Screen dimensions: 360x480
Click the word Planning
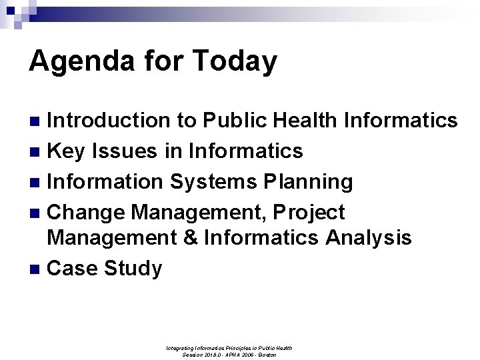(x=309, y=181)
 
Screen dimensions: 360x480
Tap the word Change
(x=86, y=212)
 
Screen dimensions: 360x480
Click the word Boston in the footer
(x=267, y=354)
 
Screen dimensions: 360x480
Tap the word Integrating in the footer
(x=185, y=347)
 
